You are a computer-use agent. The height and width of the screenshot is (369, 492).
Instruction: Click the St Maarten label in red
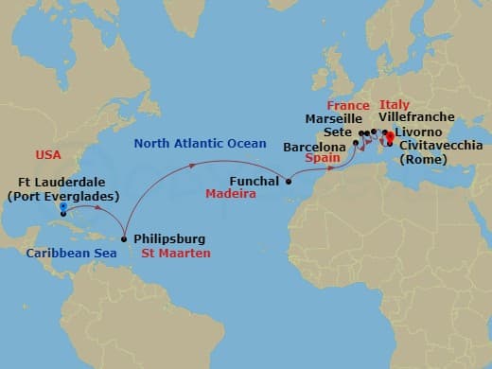(x=172, y=254)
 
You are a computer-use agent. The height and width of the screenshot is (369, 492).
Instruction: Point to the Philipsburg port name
(x=169, y=239)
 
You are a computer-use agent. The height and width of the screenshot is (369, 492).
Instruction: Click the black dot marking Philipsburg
(x=124, y=238)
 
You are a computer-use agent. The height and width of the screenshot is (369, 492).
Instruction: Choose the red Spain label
(x=323, y=161)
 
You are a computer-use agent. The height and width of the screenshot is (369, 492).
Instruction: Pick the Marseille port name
(x=334, y=119)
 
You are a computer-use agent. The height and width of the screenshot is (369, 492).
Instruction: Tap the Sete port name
(x=336, y=133)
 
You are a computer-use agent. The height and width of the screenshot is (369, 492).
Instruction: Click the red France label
(x=347, y=104)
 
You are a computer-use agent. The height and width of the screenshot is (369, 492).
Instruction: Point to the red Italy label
(x=395, y=104)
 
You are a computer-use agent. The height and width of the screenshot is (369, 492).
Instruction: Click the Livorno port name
(x=420, y=132)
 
